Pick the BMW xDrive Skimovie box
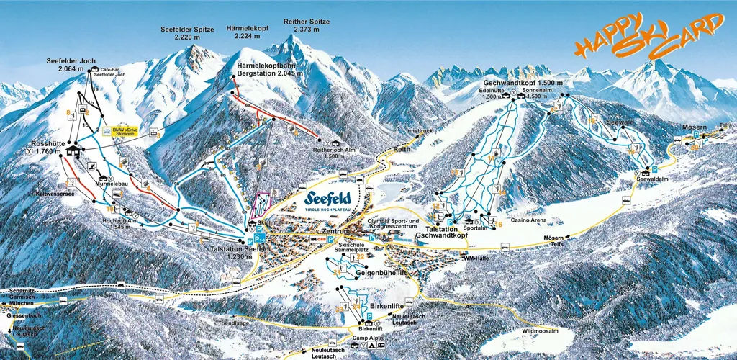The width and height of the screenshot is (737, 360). point(119,133)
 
